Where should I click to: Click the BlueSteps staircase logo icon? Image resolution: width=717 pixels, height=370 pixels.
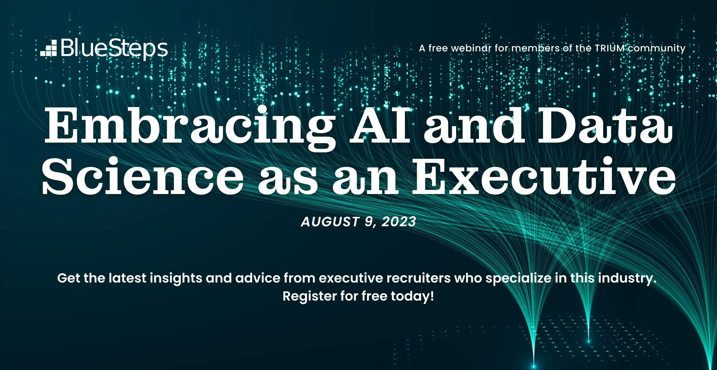tap(49, 48)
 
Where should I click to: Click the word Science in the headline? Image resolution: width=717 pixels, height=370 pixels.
tap(143, 176)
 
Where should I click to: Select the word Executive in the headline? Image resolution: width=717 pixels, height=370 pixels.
tap(544, 176)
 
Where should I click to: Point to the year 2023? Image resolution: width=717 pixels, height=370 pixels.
tap(399, 222)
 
